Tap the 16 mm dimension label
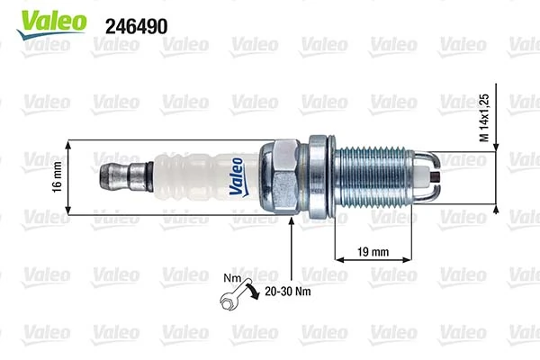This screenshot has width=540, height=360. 57,176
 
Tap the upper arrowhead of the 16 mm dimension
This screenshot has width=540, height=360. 68,144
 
